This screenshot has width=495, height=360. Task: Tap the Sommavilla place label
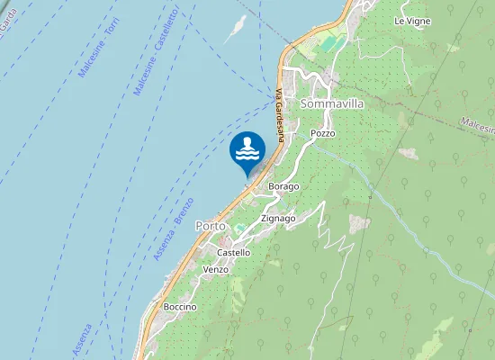point(332,104)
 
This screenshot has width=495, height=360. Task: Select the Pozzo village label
point(322,133)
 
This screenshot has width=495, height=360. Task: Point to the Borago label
point(284,186)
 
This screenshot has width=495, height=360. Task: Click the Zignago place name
point(278,218)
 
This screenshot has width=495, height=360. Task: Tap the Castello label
point(233,253)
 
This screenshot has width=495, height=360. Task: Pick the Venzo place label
point(216,270)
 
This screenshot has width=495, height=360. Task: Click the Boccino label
point(180,307)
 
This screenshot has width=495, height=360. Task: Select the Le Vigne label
point(412,21)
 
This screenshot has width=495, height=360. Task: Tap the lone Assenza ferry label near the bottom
point(82,339)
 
